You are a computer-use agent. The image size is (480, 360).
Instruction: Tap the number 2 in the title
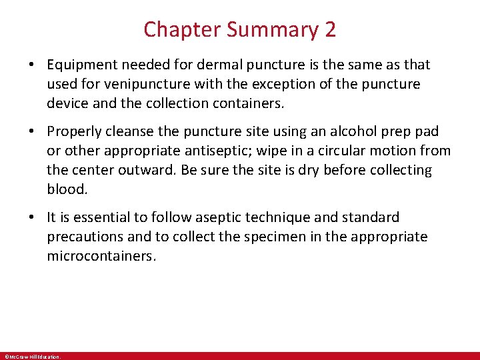click(331, 30)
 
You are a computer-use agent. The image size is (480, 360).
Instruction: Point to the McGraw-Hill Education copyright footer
click(32, 357)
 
